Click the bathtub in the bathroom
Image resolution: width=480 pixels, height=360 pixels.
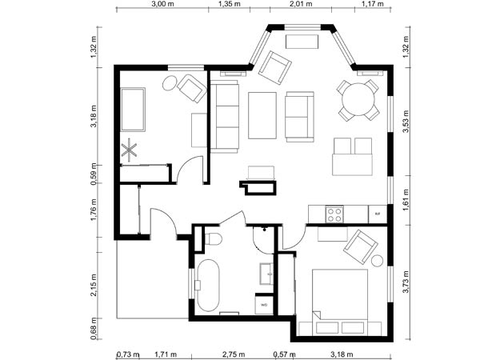point(210,284)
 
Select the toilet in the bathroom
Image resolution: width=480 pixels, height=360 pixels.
point(212,239)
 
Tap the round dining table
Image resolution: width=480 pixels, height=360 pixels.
point(358,100)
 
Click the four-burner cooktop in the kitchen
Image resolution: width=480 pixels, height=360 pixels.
point(334,214)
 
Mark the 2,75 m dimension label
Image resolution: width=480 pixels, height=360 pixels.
point(234,352)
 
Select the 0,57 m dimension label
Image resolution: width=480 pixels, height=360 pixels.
point(282,352)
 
